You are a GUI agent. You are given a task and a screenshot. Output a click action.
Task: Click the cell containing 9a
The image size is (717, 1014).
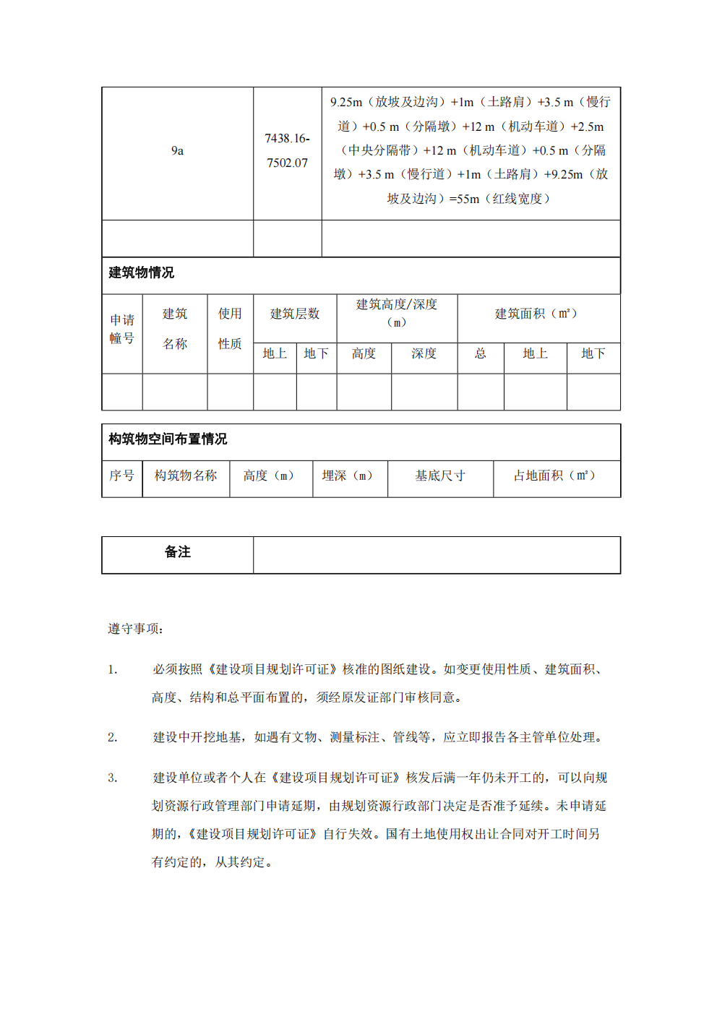pos(177,150)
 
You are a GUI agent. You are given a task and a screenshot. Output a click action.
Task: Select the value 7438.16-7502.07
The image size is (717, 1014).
pos(287,150)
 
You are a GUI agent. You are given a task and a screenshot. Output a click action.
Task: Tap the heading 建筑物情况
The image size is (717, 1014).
pos(142,272)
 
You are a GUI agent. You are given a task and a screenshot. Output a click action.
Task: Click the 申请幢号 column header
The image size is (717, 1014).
pos(122,329)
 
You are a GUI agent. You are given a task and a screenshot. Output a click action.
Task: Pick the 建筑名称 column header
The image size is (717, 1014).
pos(175,329)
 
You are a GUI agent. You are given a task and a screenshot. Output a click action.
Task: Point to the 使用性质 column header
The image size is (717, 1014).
pos(230,329)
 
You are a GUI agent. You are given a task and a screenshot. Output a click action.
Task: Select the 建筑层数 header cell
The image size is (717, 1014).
pos(295,314)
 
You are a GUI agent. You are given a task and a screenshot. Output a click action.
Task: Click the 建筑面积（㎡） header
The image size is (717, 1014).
pos(536,314)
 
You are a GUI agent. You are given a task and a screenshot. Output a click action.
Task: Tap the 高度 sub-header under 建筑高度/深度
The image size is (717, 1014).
pos(364,353)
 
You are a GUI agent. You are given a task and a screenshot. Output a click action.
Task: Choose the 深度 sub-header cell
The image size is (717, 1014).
pos(424,353)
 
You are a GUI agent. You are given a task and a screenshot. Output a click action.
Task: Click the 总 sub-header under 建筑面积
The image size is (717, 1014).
pos(480,353)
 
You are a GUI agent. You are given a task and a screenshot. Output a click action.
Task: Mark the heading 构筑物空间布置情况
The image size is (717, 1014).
pos(168,439)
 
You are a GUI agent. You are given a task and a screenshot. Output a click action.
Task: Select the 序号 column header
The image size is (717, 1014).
pos(121,476)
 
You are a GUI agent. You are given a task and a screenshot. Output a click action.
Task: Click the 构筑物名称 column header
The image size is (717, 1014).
pos(186,476)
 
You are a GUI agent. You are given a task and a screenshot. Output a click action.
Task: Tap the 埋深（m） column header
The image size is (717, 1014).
pos(348,476)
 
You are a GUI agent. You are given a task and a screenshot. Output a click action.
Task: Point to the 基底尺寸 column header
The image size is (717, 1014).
pos(439,476)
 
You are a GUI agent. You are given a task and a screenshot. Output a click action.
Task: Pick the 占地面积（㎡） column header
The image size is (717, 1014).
pos(554,476)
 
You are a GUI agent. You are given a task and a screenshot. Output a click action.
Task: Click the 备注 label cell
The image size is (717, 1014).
pos(178,552)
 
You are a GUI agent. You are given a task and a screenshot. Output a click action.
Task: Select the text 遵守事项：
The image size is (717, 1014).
pos(136,629)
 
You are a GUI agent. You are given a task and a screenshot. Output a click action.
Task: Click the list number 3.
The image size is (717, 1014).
pos(112,778)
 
